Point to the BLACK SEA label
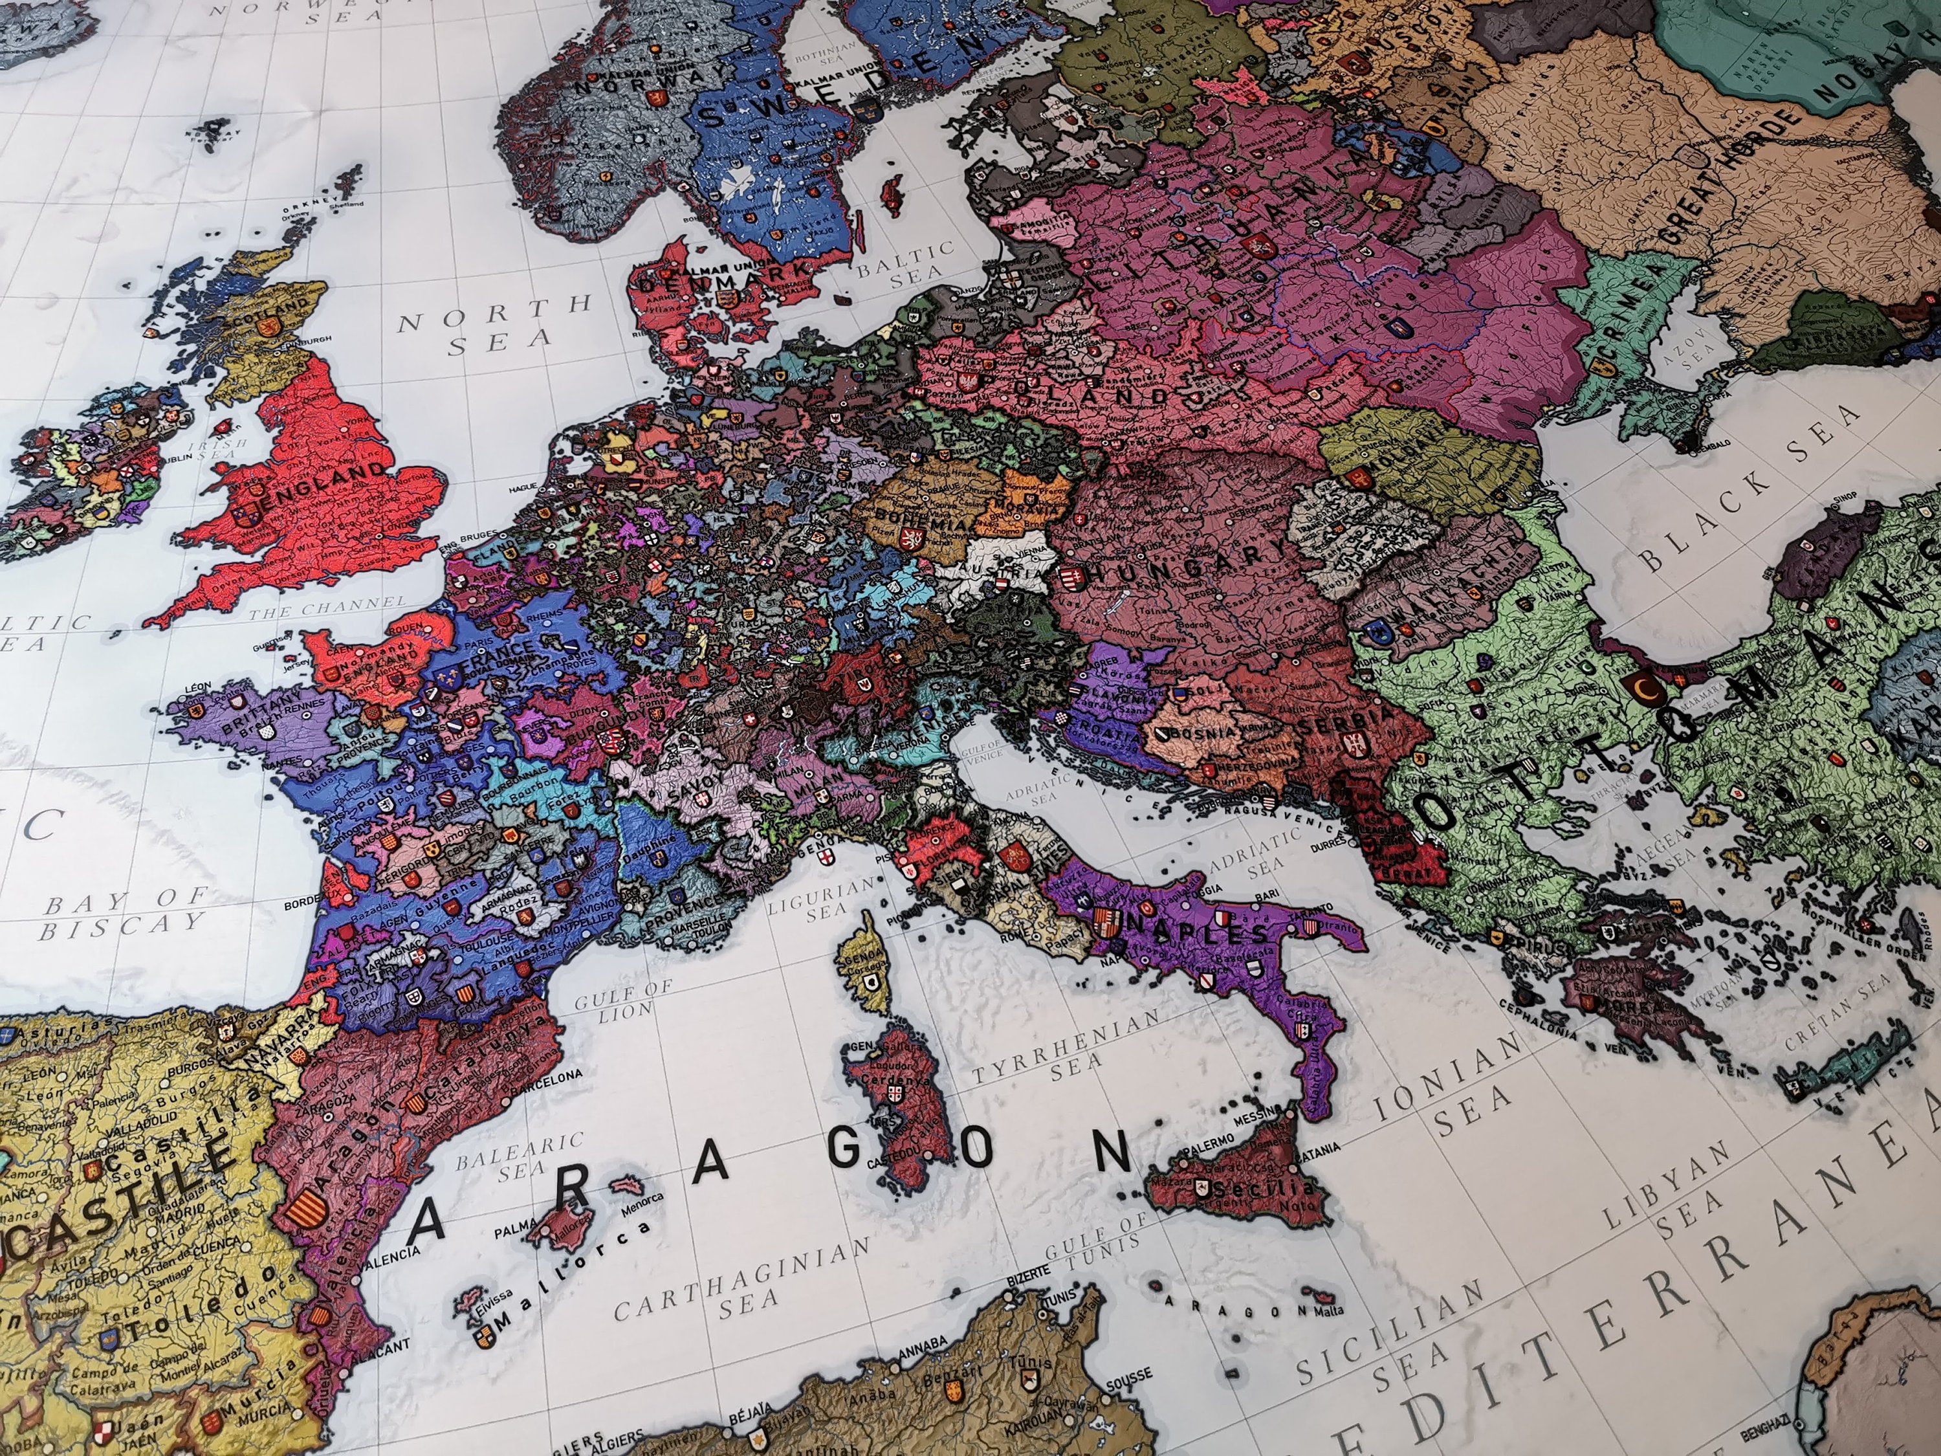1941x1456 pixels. click(x=1746, y=491)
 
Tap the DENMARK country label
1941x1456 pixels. click(x=693, y=281)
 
